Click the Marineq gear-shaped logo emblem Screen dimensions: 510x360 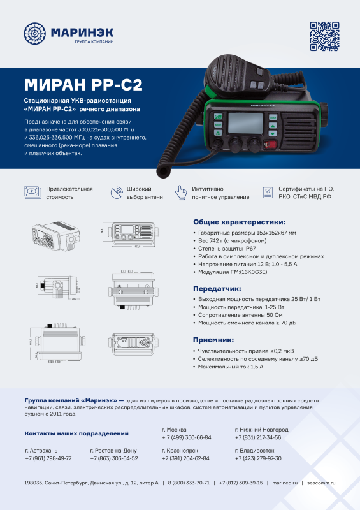(x=35, y=33)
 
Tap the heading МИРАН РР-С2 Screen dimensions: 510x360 (x=82, y=85)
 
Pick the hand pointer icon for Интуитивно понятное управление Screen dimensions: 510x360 (x=182, y=193)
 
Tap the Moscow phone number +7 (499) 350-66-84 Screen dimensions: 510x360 (x=186, y=438)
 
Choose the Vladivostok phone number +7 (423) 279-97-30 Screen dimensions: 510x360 (x=258, y=458)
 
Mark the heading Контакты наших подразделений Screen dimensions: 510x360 (x=76, y=433)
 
